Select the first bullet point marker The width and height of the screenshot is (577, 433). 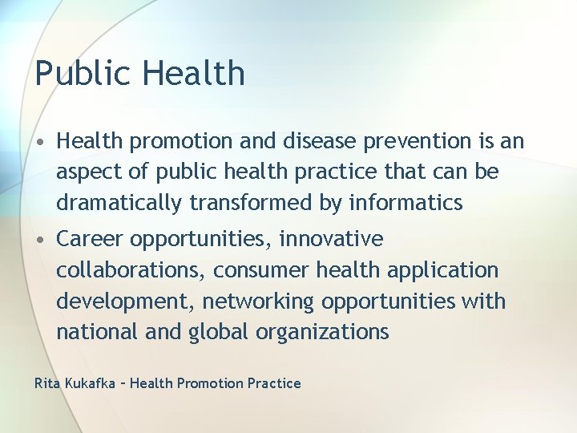click(40, 142)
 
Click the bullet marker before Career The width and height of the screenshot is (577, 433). click(40, 240)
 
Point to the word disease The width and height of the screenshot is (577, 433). click(321, 141)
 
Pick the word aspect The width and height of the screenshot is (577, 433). click(87, 172)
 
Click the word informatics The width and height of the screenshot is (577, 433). click(406, 204)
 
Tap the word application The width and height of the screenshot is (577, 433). click(442, 271)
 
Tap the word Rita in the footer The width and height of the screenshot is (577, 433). click(46, 383)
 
